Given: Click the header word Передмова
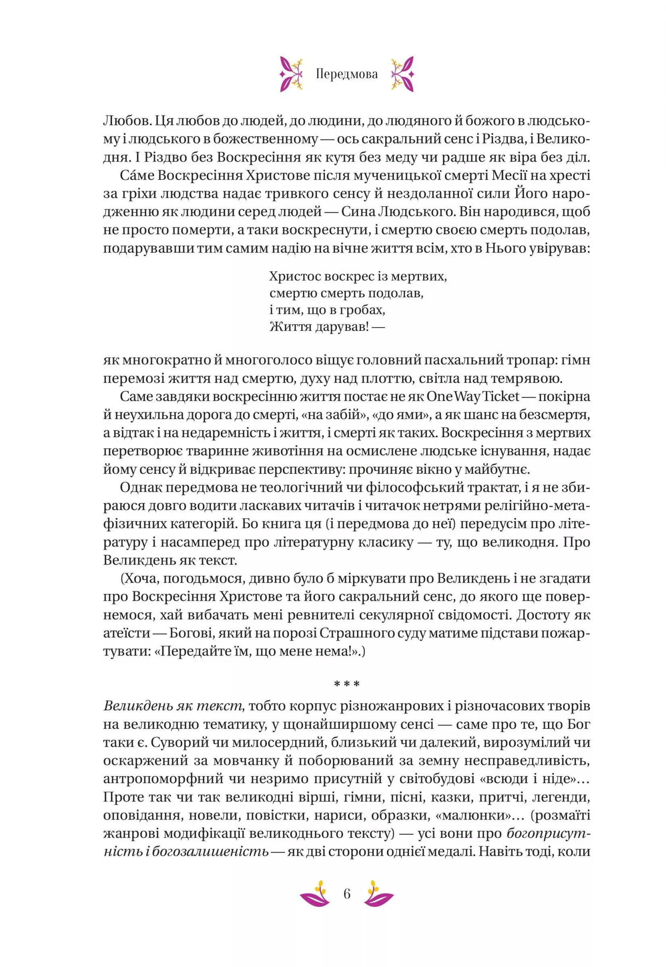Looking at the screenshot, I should point(347,74).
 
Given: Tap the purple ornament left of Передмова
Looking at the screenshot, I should point(291,74).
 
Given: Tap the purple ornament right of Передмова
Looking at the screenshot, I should point(402,74).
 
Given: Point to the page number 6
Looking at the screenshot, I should point(347,894).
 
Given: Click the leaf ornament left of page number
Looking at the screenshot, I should point(315,894).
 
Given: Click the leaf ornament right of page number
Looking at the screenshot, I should point(378,894).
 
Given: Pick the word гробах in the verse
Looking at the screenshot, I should point(362,310).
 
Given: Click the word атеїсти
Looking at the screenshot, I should point(127,633).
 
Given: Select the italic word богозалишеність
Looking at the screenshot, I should point(210,851).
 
